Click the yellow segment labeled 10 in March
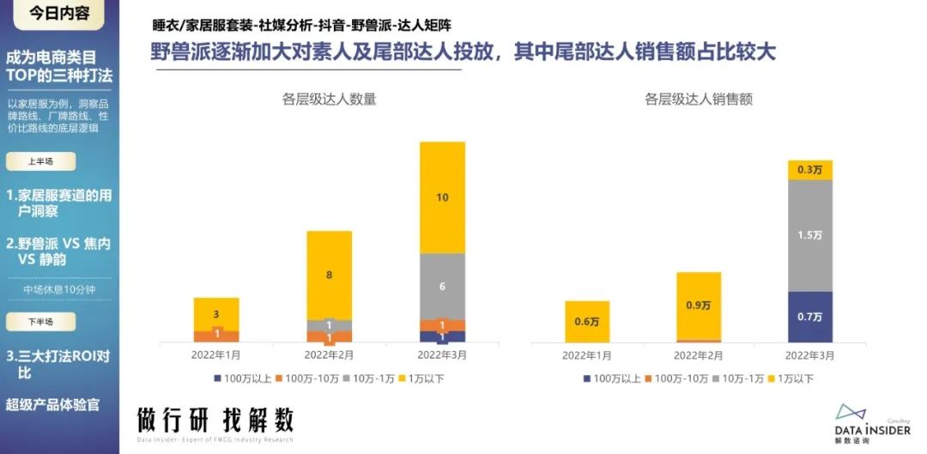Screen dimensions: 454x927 coord(442,197)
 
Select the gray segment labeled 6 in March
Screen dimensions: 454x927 coord(442,286)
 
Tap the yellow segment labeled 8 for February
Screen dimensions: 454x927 coord(330,275)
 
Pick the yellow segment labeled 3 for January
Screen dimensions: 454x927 coord(216,314)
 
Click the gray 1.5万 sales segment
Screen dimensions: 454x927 coord(810,236)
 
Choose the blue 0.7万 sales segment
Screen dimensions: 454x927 coord(810,317)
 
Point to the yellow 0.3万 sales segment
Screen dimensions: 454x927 coord(810,170)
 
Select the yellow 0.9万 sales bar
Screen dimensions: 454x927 coord(698,306)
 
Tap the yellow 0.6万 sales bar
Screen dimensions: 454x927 coord(587,322)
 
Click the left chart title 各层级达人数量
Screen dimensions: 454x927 coord(330,99)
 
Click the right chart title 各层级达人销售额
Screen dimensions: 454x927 coord(699,99)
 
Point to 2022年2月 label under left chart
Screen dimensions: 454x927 coord(330,354)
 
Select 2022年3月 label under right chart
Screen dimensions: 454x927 coord(810,354)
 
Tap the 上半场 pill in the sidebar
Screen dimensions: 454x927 coord(40,160)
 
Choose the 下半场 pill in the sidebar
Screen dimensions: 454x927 coord(40,321)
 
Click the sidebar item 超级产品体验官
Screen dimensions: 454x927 coord(53,403)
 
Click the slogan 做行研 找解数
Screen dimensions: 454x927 coord(215,421)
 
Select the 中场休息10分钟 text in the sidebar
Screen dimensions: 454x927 coord(60,289)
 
